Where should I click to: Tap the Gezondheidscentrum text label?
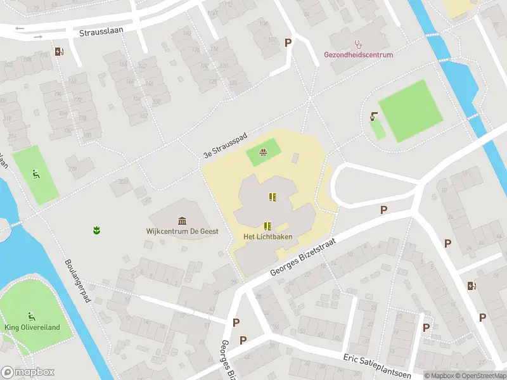point(359,55)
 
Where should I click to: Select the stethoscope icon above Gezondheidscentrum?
point(359,44)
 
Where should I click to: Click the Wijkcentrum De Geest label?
point(182,231)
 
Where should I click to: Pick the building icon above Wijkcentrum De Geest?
point(183,220)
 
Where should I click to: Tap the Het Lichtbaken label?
point(267,237)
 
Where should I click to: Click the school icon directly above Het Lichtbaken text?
point(267,225)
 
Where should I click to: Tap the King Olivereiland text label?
point(32,327)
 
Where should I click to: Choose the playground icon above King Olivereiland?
point(31,316)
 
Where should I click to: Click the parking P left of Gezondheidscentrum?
point(288,42)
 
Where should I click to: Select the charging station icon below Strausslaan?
point(59,52)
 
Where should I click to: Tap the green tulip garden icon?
point(96,230)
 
